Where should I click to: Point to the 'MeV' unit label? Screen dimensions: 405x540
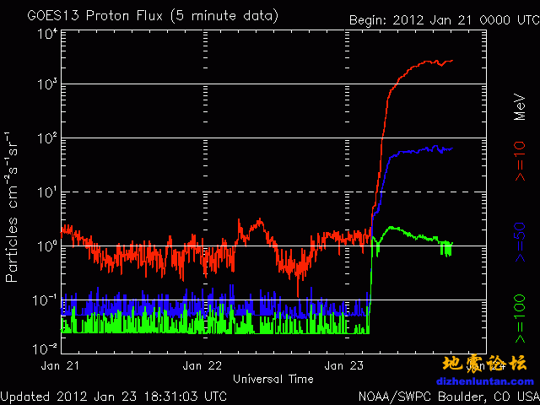(521, 105)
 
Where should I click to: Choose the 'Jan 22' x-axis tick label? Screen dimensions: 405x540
(203, 366)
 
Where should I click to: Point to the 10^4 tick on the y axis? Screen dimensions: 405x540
(46, 34)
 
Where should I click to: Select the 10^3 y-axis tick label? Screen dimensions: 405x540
(46, 84)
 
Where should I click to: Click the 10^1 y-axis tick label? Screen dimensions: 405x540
(46, 192)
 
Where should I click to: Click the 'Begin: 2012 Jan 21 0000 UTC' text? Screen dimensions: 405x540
(442, 19)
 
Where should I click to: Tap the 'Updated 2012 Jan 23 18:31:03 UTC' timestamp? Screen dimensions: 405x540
(113, 395)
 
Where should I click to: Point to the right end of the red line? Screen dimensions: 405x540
(453, 61)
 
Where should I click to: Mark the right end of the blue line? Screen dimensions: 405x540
(452, 148)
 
